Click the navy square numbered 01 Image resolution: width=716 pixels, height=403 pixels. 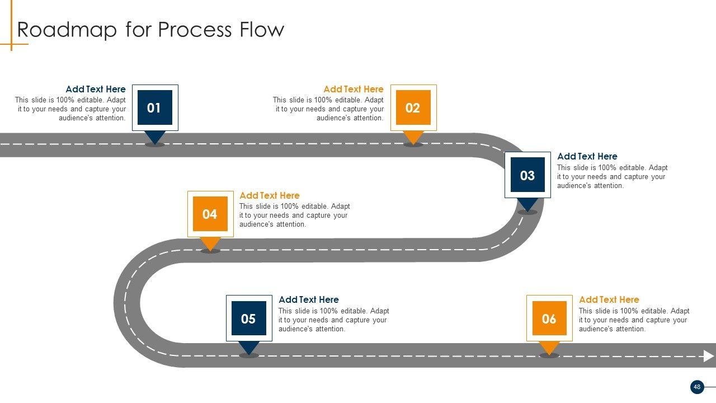pos(154,107)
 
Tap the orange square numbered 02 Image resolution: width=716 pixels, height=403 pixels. pos(413,107)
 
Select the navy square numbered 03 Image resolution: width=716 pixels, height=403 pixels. pos(527,175)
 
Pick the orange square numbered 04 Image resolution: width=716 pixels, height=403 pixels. pos(210,214)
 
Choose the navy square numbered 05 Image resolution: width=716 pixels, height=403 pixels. pos(248,318)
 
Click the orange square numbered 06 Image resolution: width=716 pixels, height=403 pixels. pos(549,318)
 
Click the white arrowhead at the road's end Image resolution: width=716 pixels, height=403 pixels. pos(709,356)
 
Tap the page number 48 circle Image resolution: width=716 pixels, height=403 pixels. pos(697,387)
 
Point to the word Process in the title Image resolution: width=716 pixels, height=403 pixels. pos(192,29)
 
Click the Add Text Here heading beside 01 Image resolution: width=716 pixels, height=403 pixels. pos(96,89)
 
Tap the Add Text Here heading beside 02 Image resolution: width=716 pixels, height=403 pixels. pos(354,89)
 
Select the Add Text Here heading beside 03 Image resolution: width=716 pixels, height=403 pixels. pos(587,156)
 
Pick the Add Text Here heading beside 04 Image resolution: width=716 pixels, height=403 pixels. pos(270,195)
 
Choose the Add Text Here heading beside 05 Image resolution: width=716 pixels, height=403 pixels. pos(309,299)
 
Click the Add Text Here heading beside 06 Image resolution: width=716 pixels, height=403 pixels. pos(609,299)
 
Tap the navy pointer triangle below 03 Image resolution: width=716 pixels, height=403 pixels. pos(527,204)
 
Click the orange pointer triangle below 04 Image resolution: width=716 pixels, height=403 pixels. pos(210,242)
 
